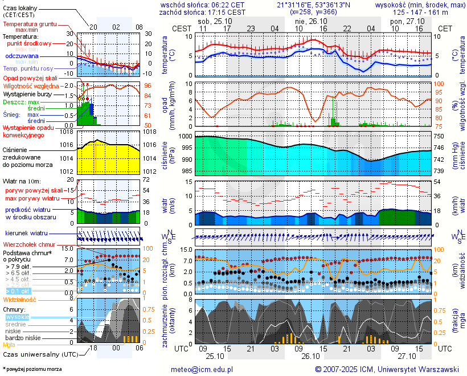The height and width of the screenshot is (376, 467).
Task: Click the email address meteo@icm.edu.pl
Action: click(202, 369)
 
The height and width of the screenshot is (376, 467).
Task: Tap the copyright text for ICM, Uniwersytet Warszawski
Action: click(387, 369)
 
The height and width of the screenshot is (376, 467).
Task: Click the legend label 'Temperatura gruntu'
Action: click(30, 24)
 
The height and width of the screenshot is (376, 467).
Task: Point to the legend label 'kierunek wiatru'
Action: click(26, 234)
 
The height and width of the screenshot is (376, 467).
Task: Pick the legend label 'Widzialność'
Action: click(20, 299)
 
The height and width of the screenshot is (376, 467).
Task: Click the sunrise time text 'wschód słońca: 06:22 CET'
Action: click(203, 5)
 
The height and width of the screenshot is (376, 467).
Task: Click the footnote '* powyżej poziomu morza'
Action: click(32, 369)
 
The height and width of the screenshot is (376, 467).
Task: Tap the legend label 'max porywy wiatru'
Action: click(32, 198)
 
